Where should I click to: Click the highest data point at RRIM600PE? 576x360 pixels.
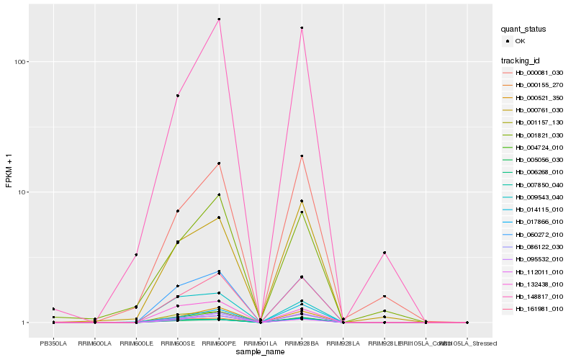click(219, 19)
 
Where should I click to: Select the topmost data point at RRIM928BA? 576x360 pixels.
click(302, 28)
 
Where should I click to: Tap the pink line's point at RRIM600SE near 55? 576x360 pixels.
click(177, 96)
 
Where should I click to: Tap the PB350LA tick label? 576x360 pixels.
click(53, 343)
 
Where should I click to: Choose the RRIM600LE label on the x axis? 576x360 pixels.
click(136, 343)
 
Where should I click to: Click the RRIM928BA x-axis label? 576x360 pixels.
click(302, 343)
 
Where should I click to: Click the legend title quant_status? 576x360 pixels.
click(524, 30)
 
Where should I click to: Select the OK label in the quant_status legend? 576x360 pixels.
click(520, 42)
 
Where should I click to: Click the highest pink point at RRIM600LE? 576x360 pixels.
click(136, 255)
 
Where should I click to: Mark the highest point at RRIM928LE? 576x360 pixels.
click(384, 253)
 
